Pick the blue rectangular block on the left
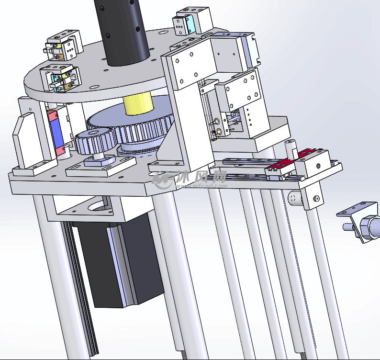coord(56,133)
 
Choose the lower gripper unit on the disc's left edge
coord(60,78)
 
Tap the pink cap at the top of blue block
coord(52,115)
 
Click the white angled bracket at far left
coord(25,139)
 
